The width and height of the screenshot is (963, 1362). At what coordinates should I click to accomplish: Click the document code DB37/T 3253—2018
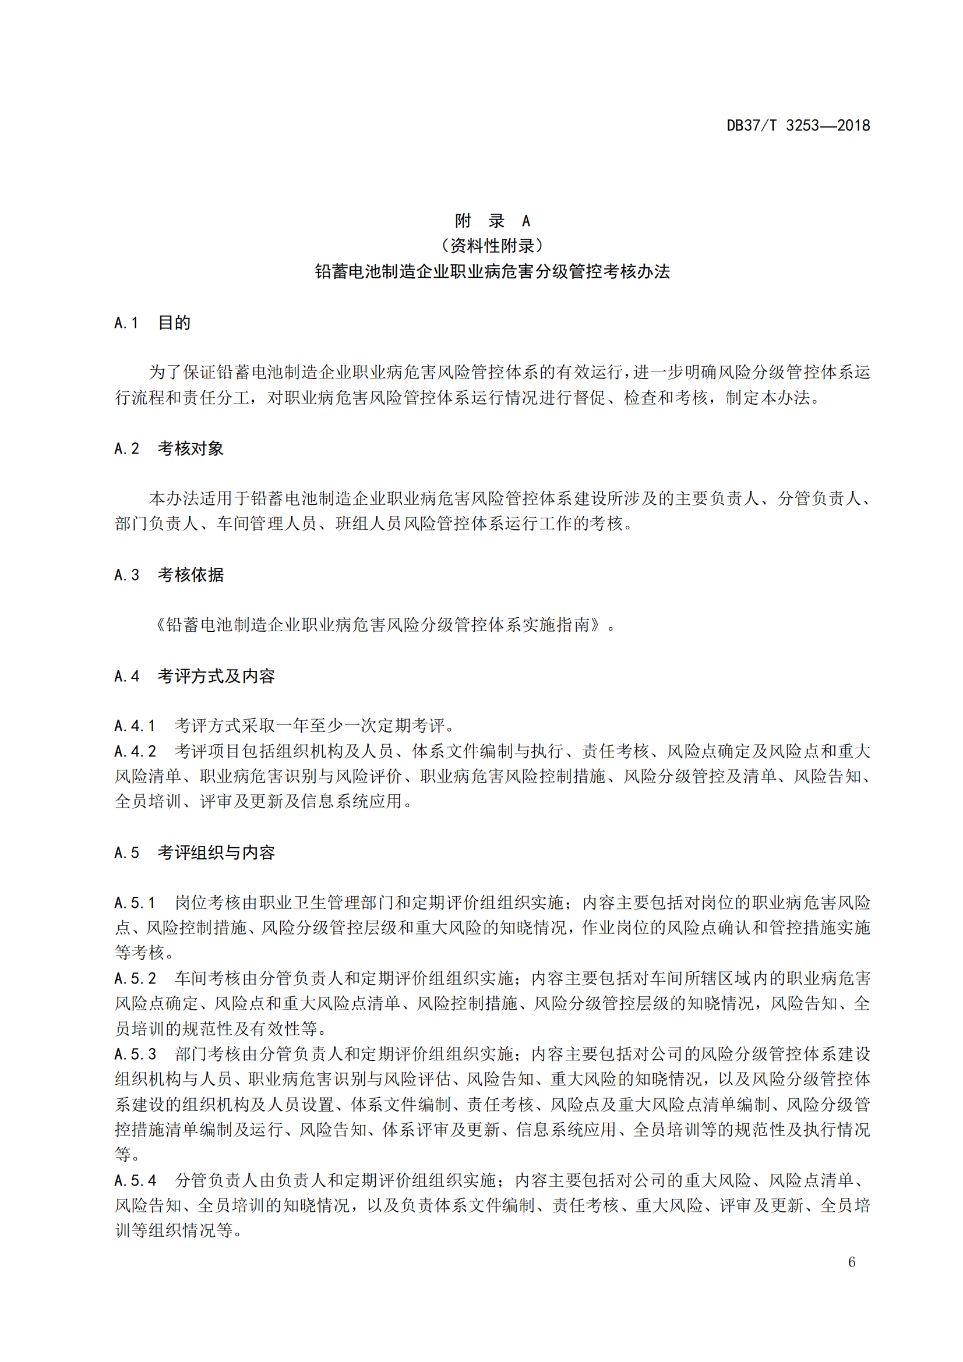[798, 125]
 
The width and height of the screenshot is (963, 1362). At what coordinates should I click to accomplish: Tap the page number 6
[852, 1262]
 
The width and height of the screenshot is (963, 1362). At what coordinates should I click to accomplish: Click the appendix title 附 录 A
[492, 221]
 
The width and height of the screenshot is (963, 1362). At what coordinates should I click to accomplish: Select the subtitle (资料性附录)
[492, 246]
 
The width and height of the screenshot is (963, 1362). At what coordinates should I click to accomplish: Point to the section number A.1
[126, 323]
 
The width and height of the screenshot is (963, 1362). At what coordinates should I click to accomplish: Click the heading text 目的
[174, 323]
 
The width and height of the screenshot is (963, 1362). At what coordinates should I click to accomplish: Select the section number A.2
[126, 448]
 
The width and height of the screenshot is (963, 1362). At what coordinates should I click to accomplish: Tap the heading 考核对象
[191, 448]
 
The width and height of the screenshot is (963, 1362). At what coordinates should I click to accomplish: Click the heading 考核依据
[191, 575]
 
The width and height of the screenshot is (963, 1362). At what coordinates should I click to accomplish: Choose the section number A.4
[126, 676]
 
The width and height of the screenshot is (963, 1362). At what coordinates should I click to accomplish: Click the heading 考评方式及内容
[216, 676]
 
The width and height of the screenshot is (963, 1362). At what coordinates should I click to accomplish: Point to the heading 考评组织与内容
[216, 852]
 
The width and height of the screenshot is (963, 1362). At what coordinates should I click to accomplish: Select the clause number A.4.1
[135, 726]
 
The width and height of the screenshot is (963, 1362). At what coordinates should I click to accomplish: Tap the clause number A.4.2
[135, 751]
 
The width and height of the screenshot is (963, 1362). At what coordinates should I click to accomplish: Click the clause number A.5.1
[135, 903]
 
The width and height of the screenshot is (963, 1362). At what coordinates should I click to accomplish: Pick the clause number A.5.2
[135, 978]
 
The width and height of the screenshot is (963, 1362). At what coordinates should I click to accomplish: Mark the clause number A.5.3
[135, 1054]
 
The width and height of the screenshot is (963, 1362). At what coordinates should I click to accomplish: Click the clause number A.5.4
[135, 1180]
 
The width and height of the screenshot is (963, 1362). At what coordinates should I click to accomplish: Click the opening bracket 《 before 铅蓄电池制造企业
[159, 625]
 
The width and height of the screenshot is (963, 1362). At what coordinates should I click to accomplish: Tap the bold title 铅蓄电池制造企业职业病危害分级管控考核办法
[492, 272]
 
